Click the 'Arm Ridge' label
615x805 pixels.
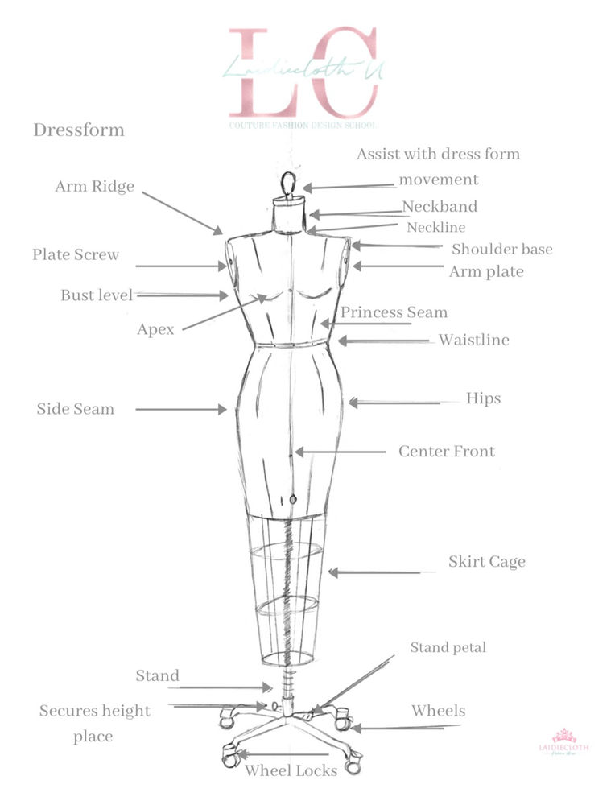94,187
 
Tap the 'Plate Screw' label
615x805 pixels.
76,255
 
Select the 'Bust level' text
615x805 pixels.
97,295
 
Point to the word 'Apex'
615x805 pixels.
155,329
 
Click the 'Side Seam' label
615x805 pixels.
76,409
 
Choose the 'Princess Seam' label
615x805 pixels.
394,312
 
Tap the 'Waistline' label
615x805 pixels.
473,340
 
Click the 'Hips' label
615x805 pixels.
483,398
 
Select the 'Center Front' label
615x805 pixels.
447,452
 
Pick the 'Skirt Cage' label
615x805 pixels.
486,562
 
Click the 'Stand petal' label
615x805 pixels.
448,647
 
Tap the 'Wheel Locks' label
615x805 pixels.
291,770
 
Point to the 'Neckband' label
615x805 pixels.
440,207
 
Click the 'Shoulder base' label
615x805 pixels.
501,250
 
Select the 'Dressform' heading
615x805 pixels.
79,130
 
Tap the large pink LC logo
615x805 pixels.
303,72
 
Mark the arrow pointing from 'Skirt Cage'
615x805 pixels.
374,572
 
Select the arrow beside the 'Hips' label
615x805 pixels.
394,402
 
